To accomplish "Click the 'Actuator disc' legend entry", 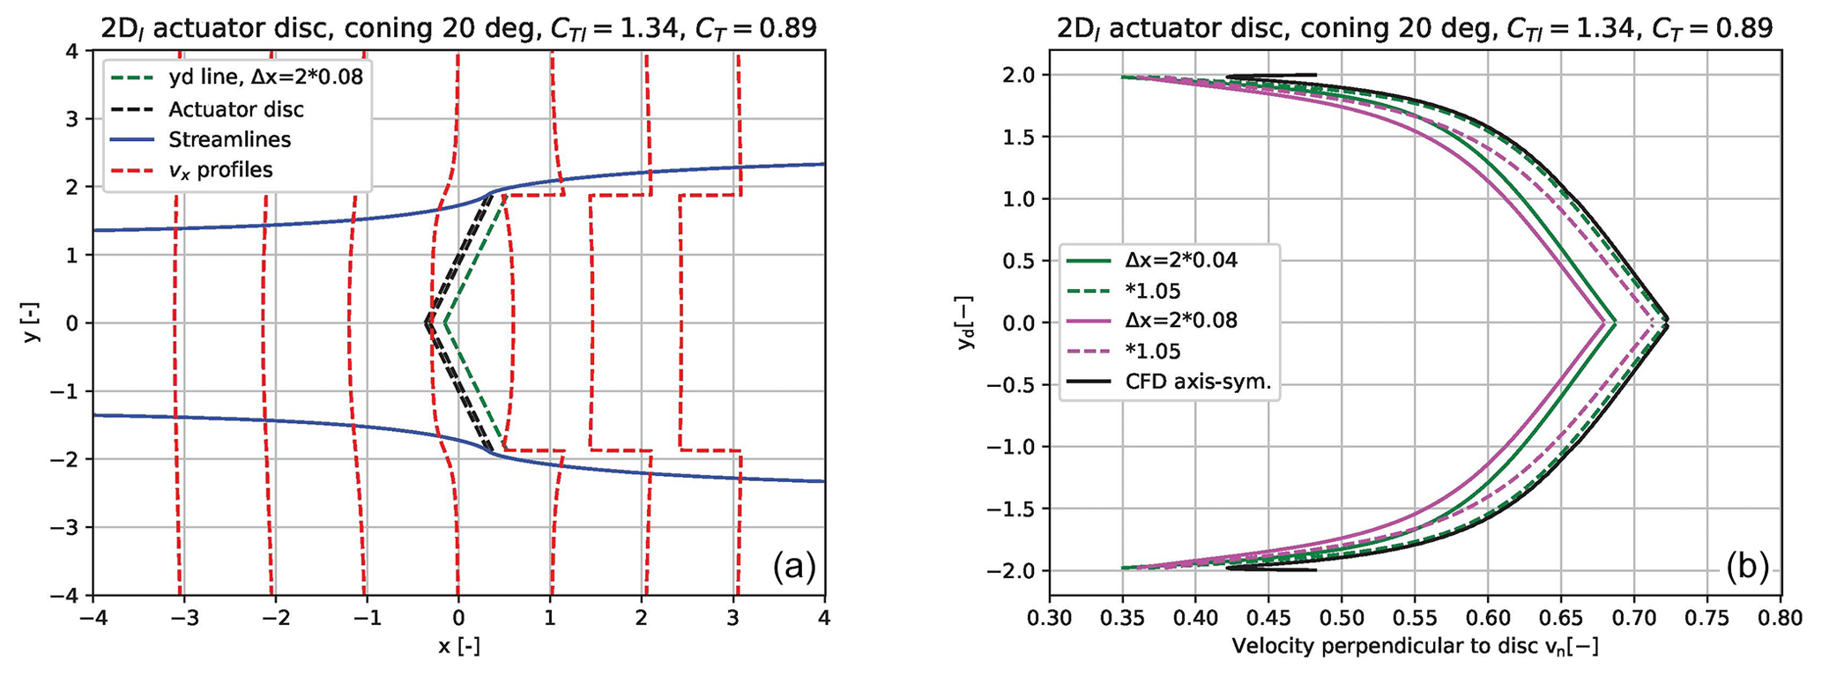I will (235, 109).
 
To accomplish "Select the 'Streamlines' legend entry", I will (229, 139).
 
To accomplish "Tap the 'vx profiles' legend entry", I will (220, 169).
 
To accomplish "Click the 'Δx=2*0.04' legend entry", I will (1181, 260).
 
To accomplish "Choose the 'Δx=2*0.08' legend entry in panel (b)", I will (1181, 320).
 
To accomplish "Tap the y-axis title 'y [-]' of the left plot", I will (32, 323).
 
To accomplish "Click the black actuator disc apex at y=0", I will (427, 323).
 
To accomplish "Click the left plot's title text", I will (458, 29).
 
